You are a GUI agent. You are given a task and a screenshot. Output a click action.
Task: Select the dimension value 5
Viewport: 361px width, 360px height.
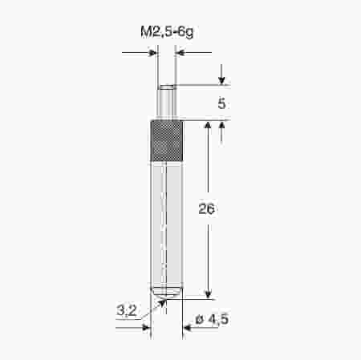click(221, 103)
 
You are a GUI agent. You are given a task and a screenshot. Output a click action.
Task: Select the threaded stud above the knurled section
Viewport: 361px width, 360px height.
click(166, 103)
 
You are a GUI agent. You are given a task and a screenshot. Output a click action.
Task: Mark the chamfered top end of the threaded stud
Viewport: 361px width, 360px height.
click(166, 86)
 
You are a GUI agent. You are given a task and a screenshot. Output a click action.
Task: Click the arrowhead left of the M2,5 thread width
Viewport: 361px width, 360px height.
click(152, 54)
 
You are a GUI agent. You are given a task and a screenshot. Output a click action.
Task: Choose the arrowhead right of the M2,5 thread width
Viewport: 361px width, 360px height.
click(180, 54)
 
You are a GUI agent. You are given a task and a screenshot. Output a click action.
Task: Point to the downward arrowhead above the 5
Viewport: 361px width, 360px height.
click(221, 81)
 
